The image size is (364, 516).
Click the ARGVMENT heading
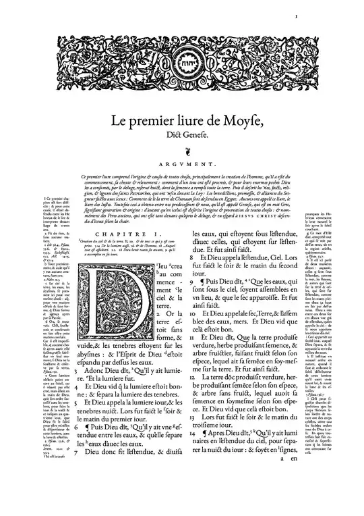pyautogui.click(x=183, y=164)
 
